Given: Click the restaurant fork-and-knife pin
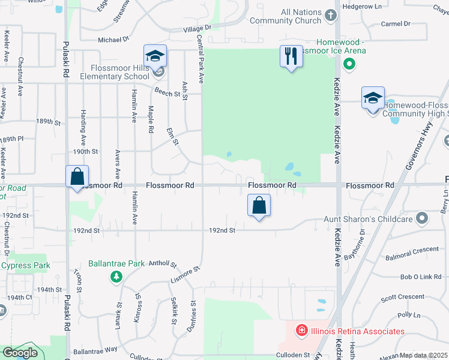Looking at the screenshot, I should (291, 56).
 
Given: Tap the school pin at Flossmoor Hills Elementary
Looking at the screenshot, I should (155, 56).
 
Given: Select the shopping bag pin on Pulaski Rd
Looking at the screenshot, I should (77, 178).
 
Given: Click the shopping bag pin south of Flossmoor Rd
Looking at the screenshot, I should (259, 206).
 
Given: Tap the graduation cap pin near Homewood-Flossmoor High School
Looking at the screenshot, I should (373, 98).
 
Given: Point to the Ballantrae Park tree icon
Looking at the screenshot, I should (116, 277).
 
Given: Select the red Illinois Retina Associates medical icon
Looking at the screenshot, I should (301, 330).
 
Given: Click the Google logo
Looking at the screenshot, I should (20, 353).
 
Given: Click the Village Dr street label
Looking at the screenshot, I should (197, 28).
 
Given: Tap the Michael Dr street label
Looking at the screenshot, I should (113, 40).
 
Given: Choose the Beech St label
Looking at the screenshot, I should (167, 94).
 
